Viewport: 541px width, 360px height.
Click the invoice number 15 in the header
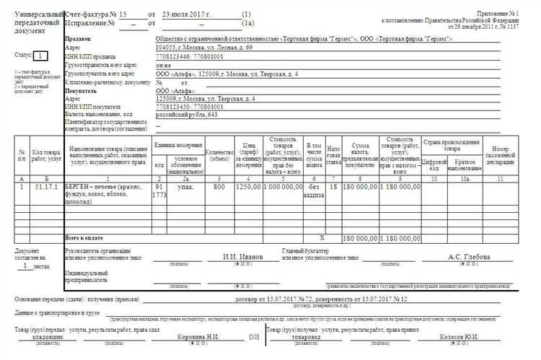(x=123, y=14)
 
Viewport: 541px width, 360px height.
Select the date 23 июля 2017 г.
(x=188, y=14)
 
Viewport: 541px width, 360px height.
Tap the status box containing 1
(x=43, y=56)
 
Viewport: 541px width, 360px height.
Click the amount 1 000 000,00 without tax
(x=285, y=187)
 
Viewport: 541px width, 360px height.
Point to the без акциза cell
(x=314, y=191)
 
